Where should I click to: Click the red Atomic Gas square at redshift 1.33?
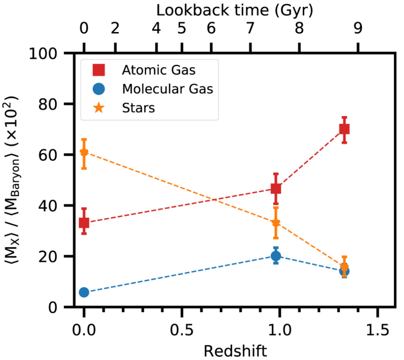[344, 129]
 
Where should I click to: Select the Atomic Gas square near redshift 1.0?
[276, 189]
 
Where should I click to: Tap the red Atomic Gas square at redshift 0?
[84, 222]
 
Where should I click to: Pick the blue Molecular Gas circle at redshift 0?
[84, 292]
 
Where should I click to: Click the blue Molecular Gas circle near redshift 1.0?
[276, 256]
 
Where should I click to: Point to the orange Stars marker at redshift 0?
[84, 153]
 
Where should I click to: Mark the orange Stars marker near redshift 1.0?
[276, 223]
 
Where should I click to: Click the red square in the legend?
[99, 70]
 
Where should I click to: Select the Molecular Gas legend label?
[167, 89]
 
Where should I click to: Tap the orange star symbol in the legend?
[99, 108]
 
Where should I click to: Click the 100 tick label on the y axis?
[43, 53]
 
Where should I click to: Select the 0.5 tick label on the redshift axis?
[181, 330]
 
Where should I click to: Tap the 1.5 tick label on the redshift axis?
[377, 330]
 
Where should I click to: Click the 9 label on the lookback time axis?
[358, 29]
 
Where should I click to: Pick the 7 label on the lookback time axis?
[251, 29]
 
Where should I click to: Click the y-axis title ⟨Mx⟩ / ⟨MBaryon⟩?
[13, 180]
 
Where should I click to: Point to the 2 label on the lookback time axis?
[115, 29]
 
